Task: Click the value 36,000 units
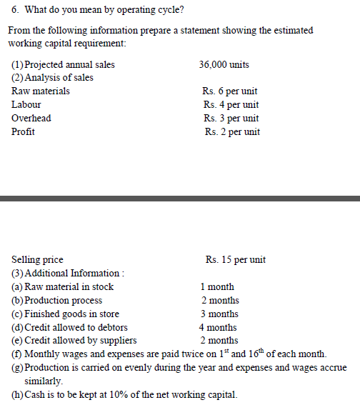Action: (x=224, y=65)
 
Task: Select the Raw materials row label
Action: (x=41, y=91)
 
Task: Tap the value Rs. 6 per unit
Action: (x=230, y=91)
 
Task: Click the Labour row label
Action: (x=26, y=105)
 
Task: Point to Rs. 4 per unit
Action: (x=230, y=105)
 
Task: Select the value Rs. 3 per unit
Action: (x=230, y=119)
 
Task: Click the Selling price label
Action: (x=37, y=260)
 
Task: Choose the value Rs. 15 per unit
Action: (x=235, y=260)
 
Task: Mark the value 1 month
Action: (x=217, y=287)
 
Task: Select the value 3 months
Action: (x=219, y=314)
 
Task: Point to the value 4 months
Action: (x=219, y=328)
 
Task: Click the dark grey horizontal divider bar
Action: (x=180, y=198)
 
